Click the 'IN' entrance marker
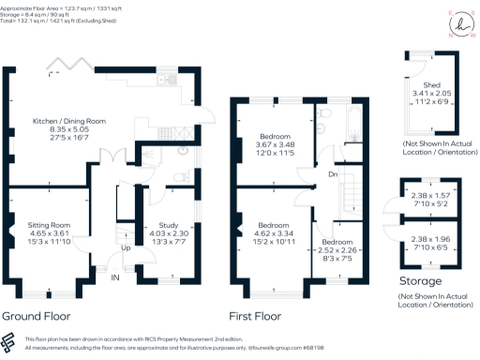tap(115, 278)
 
